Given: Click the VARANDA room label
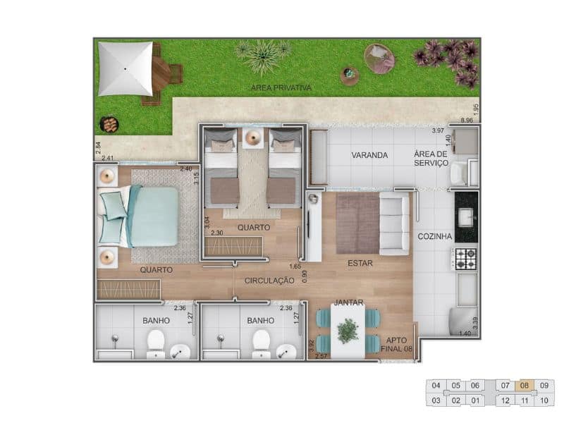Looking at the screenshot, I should click(x=370, y=156).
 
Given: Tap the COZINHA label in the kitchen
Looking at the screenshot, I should click(x=434, y=237).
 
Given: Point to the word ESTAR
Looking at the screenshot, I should click(x=360, y=264).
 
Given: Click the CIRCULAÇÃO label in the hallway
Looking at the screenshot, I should click(x=269, y=281).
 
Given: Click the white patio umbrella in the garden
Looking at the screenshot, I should click(x=125, y=68).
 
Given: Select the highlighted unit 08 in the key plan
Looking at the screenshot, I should click(x=524, y=386).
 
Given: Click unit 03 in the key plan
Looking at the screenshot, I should click(x=436, y=401).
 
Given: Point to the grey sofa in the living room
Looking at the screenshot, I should click(x=394, y=225).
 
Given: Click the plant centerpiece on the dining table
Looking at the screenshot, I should click(x=348, y=330).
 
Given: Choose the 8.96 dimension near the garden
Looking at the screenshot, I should click(x=467, y=121).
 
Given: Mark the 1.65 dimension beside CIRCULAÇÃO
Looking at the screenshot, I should click(x=295, y=266).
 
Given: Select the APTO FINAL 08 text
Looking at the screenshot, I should click(x=397, y=342).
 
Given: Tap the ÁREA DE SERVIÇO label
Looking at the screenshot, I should click(x=431, y=159).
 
